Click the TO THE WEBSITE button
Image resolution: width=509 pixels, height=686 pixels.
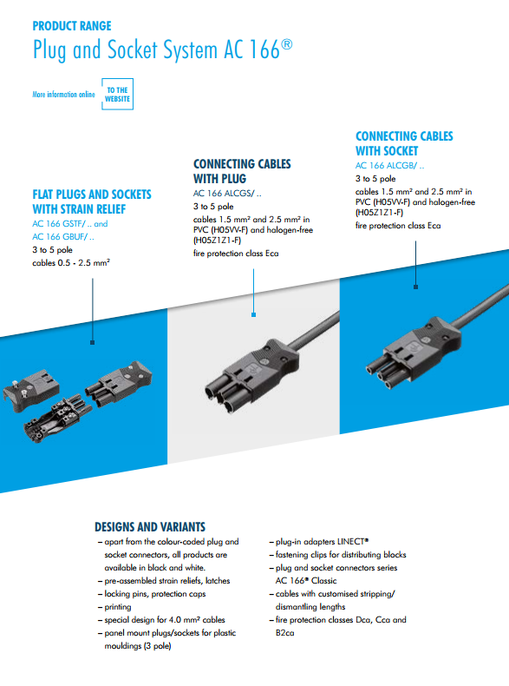tap(117, 94)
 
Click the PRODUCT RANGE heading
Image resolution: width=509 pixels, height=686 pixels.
tap(72, 26)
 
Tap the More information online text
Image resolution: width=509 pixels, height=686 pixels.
tap(63, 94)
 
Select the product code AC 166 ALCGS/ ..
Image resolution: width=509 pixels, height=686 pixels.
tap(227, 194)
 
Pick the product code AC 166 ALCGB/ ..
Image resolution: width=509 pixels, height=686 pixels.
tap(389, 165)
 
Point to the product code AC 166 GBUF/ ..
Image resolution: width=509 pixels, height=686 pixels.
tap(63, 237)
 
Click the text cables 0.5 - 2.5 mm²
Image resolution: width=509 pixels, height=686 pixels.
tap(71, 263)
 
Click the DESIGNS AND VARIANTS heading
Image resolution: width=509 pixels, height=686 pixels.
tap(150, 527)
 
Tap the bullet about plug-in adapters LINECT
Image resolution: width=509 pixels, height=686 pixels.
tap(319, 542)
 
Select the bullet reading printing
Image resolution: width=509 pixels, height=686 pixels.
tap(114, 607)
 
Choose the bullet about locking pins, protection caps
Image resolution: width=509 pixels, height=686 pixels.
tap(152, 594)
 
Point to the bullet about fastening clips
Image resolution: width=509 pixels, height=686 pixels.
tap(337, 555)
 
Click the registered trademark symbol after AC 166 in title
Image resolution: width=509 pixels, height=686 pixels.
tap(287, 44)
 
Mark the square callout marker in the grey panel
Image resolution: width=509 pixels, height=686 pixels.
tap(253, 314)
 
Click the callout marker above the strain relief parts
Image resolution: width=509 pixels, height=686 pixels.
tap(92, 342)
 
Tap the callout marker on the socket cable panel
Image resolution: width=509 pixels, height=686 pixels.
tap(415, 287)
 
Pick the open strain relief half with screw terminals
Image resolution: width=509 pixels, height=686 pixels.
tap(58, 419)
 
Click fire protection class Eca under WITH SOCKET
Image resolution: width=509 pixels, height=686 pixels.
tap(398, 226)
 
